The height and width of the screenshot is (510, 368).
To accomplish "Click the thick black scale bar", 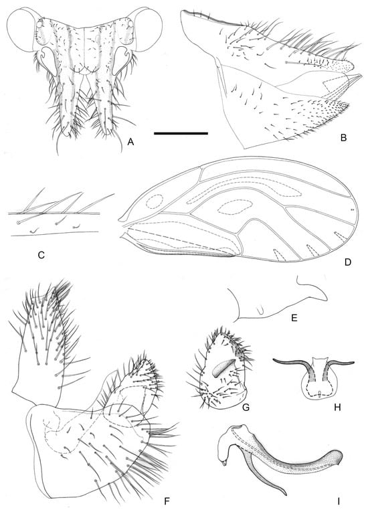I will click(x=181, y=134).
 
